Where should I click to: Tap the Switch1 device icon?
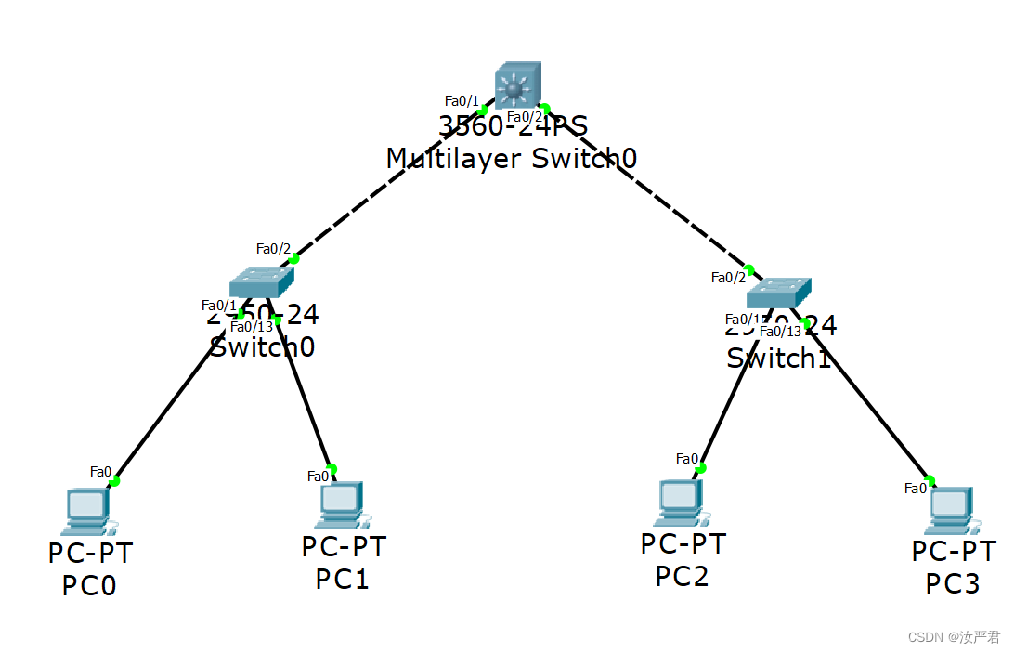point(778,292)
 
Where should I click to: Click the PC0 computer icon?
point(85,512)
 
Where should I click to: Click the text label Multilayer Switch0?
point(511,158)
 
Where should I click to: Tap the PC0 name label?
point(89,586)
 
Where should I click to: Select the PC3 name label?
point(953,583)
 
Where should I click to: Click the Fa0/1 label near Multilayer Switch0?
point(462,100)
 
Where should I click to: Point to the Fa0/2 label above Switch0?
point(273,248)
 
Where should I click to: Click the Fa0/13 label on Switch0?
point(251,326)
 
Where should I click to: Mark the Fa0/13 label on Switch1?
point(780,331)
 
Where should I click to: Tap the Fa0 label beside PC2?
point(686,458)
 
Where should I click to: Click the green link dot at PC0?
point(115,480)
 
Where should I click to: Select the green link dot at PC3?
point(930,480)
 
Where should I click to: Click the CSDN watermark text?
point(954,637)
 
